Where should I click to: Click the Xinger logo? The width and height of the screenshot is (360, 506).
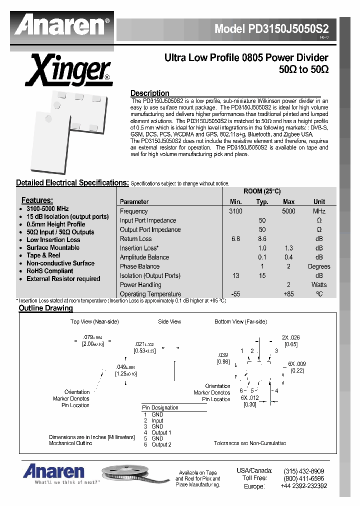pyautogui.click(x=68, y=70)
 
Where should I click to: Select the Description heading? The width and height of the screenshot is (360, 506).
pyautogui.click(x=149, y=93)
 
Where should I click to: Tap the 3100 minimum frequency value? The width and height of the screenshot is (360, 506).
pyautogui.click(x=235, y=211)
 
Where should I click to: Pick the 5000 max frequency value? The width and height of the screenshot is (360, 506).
pyautogui.click(x=288, y=211)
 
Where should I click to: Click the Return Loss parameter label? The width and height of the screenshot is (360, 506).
pyautogui.click(x=135, y=239)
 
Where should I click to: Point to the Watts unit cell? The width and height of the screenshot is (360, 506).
pyautogui.click(x=319, y=285)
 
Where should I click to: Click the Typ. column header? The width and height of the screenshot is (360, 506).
pyautogui.click(x=262, y=202)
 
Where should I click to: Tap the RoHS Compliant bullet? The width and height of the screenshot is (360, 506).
pyautogui.click(x=49, y=271)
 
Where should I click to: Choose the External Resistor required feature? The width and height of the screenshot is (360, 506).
pyautogui.click(x=63, y=279)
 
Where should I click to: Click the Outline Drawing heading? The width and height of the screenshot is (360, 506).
pyautogui.click(x=45, y=308)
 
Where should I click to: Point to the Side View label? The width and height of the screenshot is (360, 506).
pyautogui.click(x=169, y=321)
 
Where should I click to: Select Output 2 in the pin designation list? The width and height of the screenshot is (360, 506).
pyautogui.click(x=161, y=444)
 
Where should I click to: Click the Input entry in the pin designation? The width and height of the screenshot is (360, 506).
pyautogui.click(x=157, y=421)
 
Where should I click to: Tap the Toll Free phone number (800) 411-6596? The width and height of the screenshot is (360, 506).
pyautogui.click(x=303, y=478)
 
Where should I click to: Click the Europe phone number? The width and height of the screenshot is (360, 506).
pyautogui.click(x=303, y=486)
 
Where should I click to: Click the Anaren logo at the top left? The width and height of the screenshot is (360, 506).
pyautogui.click(x=62, y=25)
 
